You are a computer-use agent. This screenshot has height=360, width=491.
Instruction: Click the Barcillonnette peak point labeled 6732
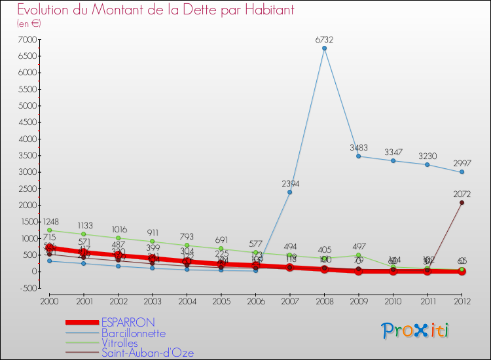click(324, 48)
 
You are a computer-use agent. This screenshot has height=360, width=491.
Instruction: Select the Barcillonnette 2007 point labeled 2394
click(289, 192)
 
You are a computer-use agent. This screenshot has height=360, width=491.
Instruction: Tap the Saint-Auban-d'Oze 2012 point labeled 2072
click(462, 202)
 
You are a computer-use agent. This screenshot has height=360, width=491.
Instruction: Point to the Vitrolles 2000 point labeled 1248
click(49, 230)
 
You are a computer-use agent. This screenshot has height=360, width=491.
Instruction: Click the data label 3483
click(359, 147)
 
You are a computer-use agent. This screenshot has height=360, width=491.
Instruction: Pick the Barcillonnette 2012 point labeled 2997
click(462, 171)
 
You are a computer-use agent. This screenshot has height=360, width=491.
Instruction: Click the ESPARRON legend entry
click(128, 323)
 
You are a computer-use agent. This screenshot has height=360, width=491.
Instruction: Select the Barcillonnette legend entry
click(133, 333)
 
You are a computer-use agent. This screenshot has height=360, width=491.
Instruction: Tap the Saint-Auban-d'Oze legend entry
click(147, 353)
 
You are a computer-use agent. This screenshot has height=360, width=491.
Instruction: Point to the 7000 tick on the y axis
click(27, 40)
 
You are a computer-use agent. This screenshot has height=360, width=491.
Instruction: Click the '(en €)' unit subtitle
click(29, 24)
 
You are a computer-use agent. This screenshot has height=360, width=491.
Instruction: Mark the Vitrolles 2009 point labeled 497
click(358, 255)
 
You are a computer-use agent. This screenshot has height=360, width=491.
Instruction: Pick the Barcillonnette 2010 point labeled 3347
click(393, 160)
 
